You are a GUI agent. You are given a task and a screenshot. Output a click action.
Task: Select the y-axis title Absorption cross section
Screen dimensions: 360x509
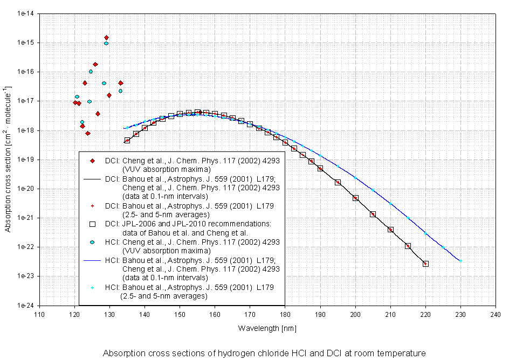8,160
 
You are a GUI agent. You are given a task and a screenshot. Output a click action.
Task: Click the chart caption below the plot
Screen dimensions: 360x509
264,353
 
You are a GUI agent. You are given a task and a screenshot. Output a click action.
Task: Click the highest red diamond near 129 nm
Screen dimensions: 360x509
107,38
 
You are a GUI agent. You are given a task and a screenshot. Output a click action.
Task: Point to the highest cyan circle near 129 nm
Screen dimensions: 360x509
106,44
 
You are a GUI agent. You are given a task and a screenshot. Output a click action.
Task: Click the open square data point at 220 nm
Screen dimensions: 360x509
425,264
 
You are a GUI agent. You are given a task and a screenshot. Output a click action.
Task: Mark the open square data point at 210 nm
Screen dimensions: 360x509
390,230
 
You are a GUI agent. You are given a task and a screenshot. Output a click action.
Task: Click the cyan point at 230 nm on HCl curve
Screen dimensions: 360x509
460,261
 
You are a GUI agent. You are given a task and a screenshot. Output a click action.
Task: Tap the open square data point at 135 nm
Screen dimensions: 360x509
127,140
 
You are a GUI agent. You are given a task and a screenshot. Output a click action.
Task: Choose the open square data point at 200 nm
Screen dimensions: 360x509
355,198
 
